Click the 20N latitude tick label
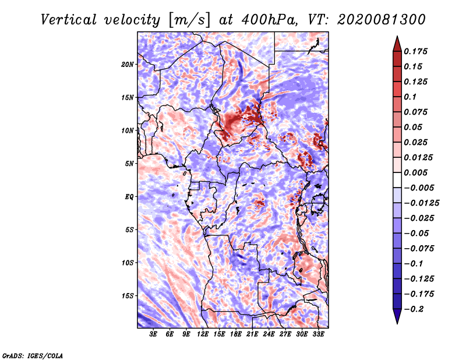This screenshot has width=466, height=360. point(128,64)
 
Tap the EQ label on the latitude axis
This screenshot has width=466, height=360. point(129,197)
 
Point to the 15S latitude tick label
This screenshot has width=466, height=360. point(128,296)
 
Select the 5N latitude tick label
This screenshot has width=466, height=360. point(129,164)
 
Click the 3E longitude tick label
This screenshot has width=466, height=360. point(153,334)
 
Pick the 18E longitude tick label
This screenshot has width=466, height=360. point(236,334)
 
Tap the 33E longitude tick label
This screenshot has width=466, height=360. point(318,334)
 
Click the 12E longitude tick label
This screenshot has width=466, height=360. point(203,334)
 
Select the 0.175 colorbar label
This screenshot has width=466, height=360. point(415,51)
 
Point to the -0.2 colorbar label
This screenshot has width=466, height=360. point(413,309)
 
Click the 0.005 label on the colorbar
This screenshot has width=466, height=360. point(415,172)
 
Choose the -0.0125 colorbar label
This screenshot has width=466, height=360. point(421,203)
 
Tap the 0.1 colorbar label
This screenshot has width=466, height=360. point(410,97)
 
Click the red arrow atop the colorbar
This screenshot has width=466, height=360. point(397,44)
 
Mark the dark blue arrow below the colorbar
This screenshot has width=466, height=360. point(397,316)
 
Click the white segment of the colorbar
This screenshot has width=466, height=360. point(397,180)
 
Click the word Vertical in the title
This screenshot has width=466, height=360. point(69,20)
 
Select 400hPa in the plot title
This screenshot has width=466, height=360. point(269,20)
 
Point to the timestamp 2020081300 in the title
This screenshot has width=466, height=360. point(382,20)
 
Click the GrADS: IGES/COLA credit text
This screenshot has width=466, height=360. point(33,356)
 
